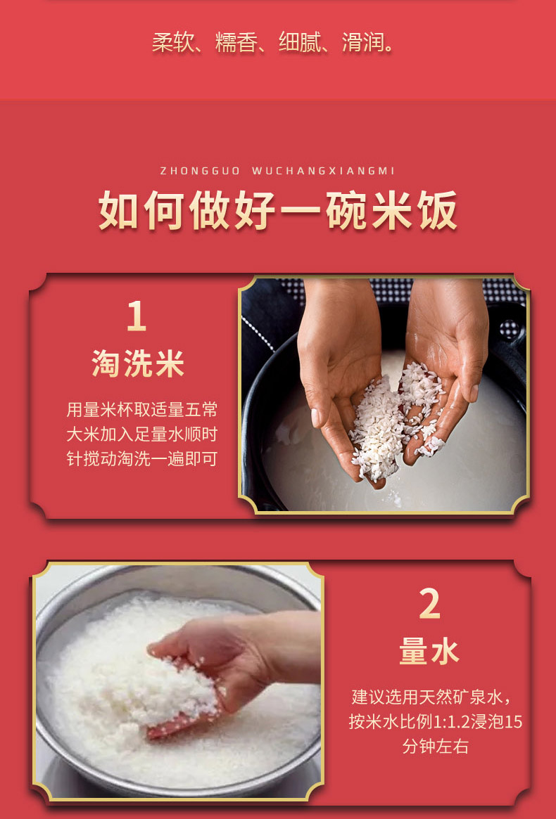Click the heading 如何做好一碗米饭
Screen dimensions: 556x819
(x=278, y=210)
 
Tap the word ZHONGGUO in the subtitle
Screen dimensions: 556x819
(x=200, y=171)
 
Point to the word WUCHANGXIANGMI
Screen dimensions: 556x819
(x=323, y=171)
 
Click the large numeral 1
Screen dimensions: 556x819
(x=137, y=316)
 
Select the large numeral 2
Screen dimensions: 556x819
(x=429, y=604)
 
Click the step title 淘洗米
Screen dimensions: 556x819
(x=138, y=363)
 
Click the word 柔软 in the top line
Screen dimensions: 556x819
(x=173, y=41)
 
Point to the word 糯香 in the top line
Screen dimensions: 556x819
(x=236, y=41)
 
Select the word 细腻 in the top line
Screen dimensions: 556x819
(x=300, y=41)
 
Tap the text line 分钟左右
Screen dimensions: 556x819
(x=435, y=746)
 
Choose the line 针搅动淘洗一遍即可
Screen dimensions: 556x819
(x=141, y=458)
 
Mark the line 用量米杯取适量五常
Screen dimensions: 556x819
(x=141, y=409)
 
